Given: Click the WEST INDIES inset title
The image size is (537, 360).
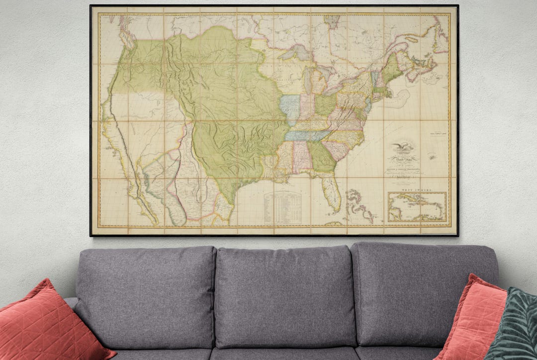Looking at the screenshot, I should [x=417, y=190].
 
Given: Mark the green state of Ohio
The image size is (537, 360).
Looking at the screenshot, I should [x=326, y=105].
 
